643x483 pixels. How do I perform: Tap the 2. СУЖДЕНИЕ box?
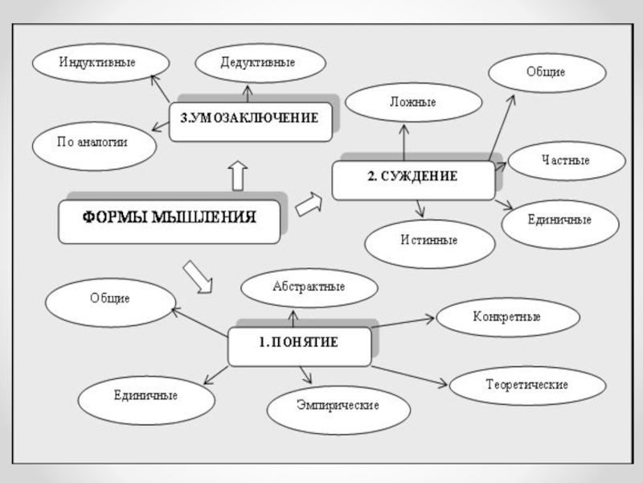413,179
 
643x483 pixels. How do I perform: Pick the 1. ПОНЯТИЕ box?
299,345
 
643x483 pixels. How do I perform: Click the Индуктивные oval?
101,63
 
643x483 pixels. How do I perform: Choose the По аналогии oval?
92,143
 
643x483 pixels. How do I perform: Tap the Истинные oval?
429,241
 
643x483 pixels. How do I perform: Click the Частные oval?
566,161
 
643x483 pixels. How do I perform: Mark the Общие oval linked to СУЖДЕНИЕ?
546,73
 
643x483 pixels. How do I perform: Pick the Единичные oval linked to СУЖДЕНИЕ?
559,220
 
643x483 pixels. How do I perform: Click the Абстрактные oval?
309,287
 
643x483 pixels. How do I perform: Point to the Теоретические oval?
526,386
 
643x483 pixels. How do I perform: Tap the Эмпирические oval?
338,405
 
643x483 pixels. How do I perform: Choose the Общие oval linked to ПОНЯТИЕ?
110,299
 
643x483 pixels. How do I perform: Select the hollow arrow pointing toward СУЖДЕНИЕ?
309,204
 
